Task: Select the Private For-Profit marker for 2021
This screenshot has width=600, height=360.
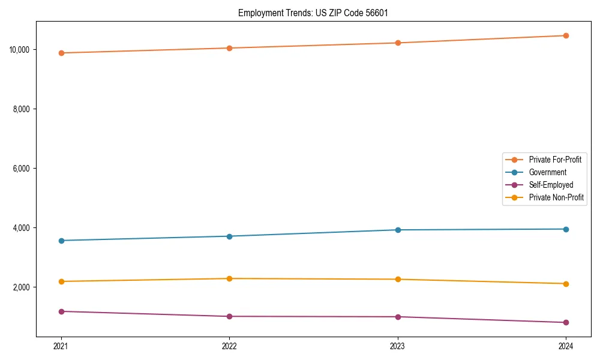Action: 61,53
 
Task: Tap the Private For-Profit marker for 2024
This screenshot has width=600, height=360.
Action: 566,35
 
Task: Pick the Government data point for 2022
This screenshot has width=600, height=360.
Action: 229,236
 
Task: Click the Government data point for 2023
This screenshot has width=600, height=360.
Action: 398,230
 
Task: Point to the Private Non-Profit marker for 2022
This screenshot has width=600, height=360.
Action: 229,278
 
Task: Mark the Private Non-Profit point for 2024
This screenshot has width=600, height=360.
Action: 566,284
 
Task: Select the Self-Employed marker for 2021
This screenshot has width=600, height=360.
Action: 61,311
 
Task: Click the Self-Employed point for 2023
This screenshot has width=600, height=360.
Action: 398,317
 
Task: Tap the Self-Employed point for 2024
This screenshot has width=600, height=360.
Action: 566,322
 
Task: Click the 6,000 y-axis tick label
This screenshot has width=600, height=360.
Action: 22,169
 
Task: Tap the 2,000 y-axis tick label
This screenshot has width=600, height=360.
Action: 22,287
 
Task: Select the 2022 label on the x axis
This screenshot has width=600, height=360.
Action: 229,346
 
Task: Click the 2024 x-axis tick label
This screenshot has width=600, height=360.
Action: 566,346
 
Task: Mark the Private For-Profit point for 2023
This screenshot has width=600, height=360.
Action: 398,43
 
